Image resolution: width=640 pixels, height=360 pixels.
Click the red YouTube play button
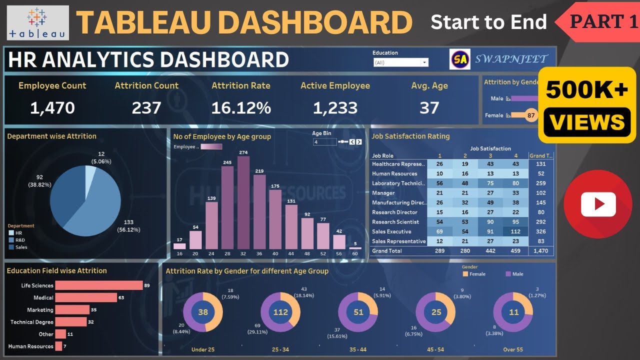(598, 204)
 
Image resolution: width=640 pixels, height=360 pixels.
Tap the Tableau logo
(38, 22)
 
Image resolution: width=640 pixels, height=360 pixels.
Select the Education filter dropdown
(401, 62)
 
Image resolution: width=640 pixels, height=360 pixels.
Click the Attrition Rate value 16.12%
(241, 107)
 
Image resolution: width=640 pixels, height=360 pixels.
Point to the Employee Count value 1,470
(52, 107)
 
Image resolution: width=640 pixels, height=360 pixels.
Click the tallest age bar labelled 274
(243, 202)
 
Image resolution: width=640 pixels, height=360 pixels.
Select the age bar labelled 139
(211, 225)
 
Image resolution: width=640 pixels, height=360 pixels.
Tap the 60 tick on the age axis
(355, 254)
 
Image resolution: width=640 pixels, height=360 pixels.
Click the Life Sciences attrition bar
(99, 285)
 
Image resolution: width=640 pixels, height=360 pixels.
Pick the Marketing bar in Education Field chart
(72, 310)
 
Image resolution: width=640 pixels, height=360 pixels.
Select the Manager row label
(383, 193)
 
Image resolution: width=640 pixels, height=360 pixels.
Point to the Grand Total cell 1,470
(541, 251)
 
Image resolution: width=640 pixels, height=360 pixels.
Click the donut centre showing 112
(280, 312)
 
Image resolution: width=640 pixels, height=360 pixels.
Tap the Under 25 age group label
(203, 349)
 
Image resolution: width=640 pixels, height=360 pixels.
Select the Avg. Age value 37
(429, 107)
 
